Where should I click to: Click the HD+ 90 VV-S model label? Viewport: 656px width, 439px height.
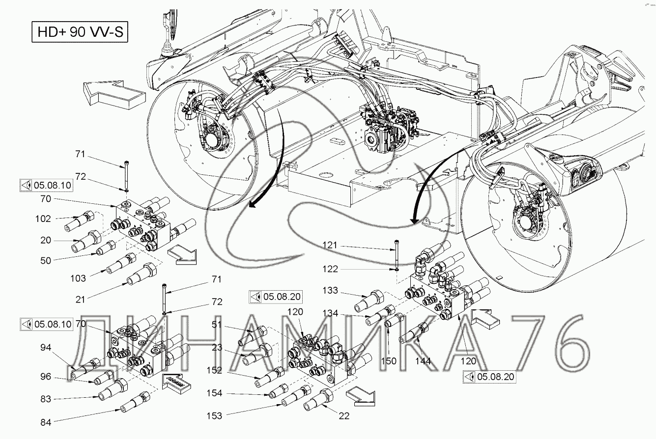80,32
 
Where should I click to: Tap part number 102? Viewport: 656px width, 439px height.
43,219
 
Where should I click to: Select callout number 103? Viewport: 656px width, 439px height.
78,278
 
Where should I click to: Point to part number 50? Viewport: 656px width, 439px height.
46,260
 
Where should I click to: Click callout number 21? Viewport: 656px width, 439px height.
80,300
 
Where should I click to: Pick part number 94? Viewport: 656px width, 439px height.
46,347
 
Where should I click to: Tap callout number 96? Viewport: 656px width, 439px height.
46,376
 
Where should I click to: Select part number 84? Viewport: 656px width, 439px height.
46,422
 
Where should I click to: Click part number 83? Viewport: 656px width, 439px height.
46,399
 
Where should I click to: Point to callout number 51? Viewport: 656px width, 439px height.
217,325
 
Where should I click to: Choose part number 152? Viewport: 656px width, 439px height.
214,370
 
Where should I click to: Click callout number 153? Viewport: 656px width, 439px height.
214,415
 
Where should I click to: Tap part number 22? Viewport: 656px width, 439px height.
344,415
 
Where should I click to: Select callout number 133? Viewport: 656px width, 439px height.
330,290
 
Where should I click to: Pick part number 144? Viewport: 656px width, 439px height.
423,361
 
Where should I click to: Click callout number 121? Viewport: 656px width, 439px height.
330,245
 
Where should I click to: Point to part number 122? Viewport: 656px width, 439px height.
330,269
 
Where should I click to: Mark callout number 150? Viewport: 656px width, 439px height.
389,361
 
